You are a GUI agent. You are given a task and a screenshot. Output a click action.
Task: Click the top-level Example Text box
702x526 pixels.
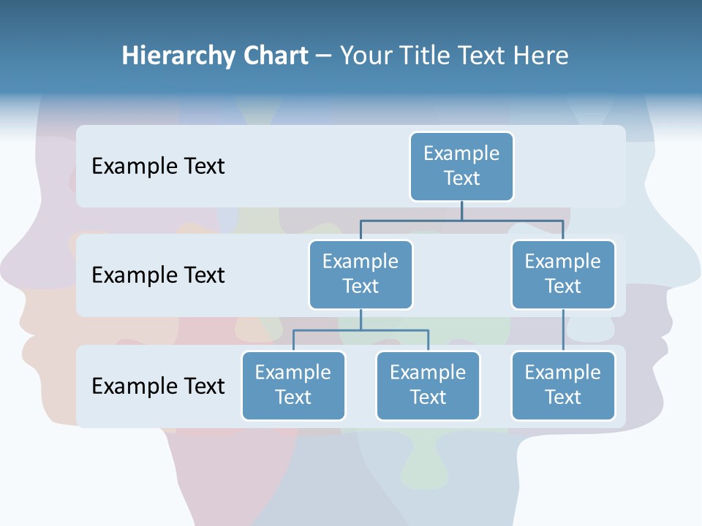pos(461,166)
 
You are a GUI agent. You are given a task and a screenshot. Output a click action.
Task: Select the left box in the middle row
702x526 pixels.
pos(361,274)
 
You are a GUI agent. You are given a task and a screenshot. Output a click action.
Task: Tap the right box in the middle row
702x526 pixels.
pos(563,274)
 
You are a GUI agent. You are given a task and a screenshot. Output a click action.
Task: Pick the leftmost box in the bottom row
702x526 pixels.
pos(293,385)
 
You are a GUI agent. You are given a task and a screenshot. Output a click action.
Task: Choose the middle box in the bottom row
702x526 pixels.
pos(428,385)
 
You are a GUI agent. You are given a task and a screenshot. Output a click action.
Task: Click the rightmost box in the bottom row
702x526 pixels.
pos(563,385)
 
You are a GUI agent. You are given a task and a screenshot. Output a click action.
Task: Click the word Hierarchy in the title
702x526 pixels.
pos(178,56)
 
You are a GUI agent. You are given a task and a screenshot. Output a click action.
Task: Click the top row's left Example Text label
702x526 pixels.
pos(158,167)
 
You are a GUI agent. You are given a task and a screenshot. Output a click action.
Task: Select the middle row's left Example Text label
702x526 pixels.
pos(158,275)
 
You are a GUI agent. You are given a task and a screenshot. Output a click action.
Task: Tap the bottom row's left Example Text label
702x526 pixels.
pos(158,386)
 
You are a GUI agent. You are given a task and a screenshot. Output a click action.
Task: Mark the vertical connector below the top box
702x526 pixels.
pos(461,210)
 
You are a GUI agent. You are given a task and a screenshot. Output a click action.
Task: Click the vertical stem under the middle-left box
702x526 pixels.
pos(361,319)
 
